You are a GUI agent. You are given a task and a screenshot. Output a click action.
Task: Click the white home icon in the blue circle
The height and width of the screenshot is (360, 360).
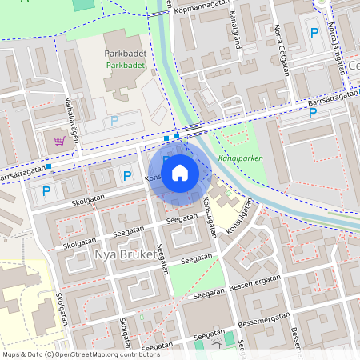pos(180,172)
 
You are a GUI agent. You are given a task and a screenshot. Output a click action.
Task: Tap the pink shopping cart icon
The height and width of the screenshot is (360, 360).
pos(59,141)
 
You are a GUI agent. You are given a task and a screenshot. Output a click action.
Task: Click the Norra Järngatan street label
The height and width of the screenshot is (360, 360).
pos(342,47)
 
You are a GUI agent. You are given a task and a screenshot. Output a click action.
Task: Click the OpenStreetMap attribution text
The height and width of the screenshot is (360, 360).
pos(81,354)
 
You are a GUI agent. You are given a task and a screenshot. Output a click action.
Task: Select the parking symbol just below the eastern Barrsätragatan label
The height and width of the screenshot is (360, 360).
pos(312,112)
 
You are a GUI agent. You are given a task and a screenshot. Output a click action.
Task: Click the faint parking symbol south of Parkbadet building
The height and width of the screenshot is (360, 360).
pos(114,121)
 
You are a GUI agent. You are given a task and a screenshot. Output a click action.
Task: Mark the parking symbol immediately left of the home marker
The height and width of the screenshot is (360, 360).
pos(126,175)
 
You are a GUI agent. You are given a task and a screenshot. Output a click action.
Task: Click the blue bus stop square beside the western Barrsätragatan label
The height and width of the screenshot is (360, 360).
pos(49,166)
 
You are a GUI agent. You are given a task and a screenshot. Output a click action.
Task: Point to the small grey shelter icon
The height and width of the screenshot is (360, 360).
pos(215,346)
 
